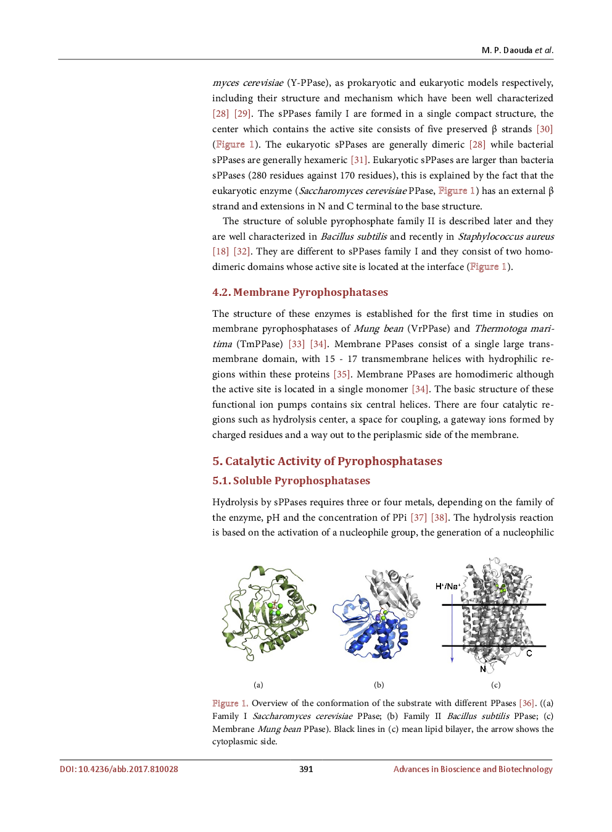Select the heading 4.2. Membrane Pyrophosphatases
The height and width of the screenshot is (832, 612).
(x=300, y=292)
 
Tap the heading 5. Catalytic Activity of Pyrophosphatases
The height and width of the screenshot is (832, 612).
(x=327, y=461)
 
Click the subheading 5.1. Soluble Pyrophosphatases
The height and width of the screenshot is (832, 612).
(x=291, y=481)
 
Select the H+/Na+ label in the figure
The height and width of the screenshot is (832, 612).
(x=447, y=586)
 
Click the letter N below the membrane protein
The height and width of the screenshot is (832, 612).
(x=482, y=669)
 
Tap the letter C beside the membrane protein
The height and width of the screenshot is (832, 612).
(x=529, y=653)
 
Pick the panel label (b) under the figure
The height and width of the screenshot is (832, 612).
(x=379, y=684)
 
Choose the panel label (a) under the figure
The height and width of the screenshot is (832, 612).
(x=258, y=684)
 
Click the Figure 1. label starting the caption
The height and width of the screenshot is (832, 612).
(x=229, y=703)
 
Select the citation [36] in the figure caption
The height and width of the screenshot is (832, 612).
(x=527, y=703)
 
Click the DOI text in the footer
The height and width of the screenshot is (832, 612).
(x=118, y=769)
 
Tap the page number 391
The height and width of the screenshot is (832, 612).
(x=306, y=769)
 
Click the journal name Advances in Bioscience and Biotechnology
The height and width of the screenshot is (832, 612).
(x=473, y=769)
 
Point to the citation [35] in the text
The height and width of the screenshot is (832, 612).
(x=342, y=374)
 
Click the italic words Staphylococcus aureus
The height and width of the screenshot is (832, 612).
(x=505, y=237)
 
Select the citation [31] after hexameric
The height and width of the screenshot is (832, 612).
(x=359, y=160)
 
